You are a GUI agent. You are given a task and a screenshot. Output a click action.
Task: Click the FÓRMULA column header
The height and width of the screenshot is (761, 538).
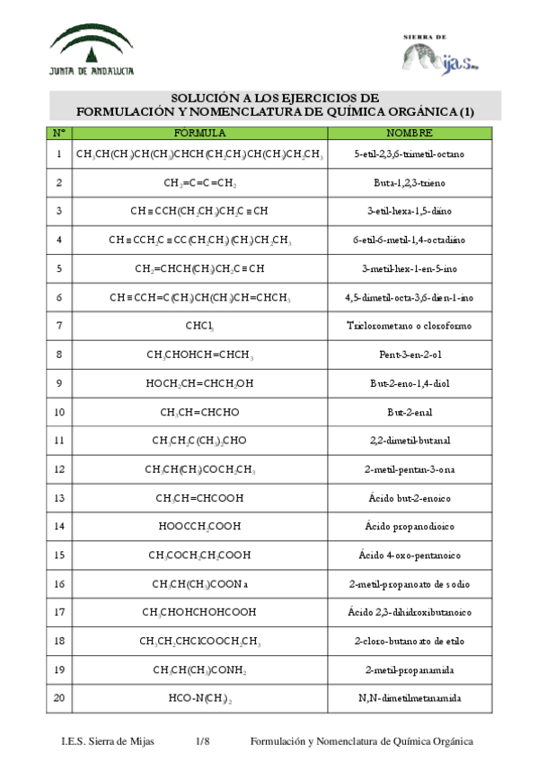click(199, 133)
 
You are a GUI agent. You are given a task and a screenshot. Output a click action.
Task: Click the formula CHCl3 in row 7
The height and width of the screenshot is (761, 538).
click(199, 326)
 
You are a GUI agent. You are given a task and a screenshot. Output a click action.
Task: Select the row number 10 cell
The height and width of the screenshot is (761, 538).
click(58, 412)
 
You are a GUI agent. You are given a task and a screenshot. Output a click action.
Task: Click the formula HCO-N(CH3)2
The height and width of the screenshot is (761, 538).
click(199, 697)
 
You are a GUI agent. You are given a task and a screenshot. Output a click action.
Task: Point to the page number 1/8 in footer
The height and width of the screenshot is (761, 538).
click(202, 741)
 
